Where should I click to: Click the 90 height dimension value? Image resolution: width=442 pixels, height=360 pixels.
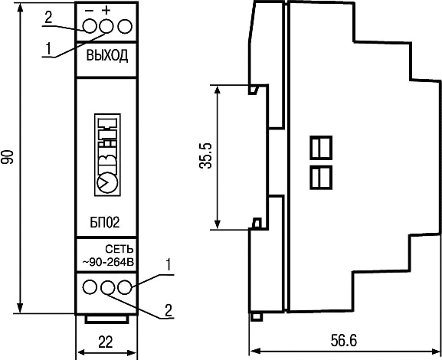pyautogui.click(x=8, y=157)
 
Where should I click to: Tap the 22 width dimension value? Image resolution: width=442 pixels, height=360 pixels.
pyautogui.click(x=106, y=342)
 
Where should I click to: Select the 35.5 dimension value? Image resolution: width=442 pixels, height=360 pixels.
pyautogui.click(x=206, y=155)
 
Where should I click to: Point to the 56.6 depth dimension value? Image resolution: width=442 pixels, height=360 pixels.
pyautogui.click(x=344, y=341)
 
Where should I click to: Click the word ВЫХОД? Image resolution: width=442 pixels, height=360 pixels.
pyautogui.click(x=106, y=56)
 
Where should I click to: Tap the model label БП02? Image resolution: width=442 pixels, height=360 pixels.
pyautogui.click(x=105, y=222)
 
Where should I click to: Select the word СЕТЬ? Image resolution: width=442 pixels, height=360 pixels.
pyautogui.click(x=120, y=249)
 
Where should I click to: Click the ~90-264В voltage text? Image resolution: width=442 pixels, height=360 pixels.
pyautogui.click(x=108, y=262)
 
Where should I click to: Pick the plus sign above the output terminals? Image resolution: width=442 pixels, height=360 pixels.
pyautogui.click(x=106, y=11)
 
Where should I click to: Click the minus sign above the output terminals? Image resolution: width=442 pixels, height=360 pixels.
pyautogui.click(x=90, y=11)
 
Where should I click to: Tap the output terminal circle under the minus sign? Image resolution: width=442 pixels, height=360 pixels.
pyautogui.click(x=90, y=26)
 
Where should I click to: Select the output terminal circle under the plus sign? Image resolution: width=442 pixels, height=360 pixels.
pyautogui.click(x=106, y=26)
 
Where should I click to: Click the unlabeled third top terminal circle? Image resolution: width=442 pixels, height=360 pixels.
pyautogui.click(x=125, y=27)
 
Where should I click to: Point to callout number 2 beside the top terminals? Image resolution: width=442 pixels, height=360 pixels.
pyautogui.click(x=48, y=18)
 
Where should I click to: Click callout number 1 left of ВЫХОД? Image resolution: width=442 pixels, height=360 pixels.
pyautogui.click(x=48, y=49)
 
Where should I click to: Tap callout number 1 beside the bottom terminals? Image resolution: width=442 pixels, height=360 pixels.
pyautogui.click(x=169, y=266)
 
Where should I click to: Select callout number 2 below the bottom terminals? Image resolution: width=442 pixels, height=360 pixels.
pyautogui.click(x=169, y=310)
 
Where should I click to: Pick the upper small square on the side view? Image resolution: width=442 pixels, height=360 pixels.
pyautogui.click(x=321, y=147)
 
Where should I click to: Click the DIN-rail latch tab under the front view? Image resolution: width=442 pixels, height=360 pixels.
pyautogui.click(x=107, y=319)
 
